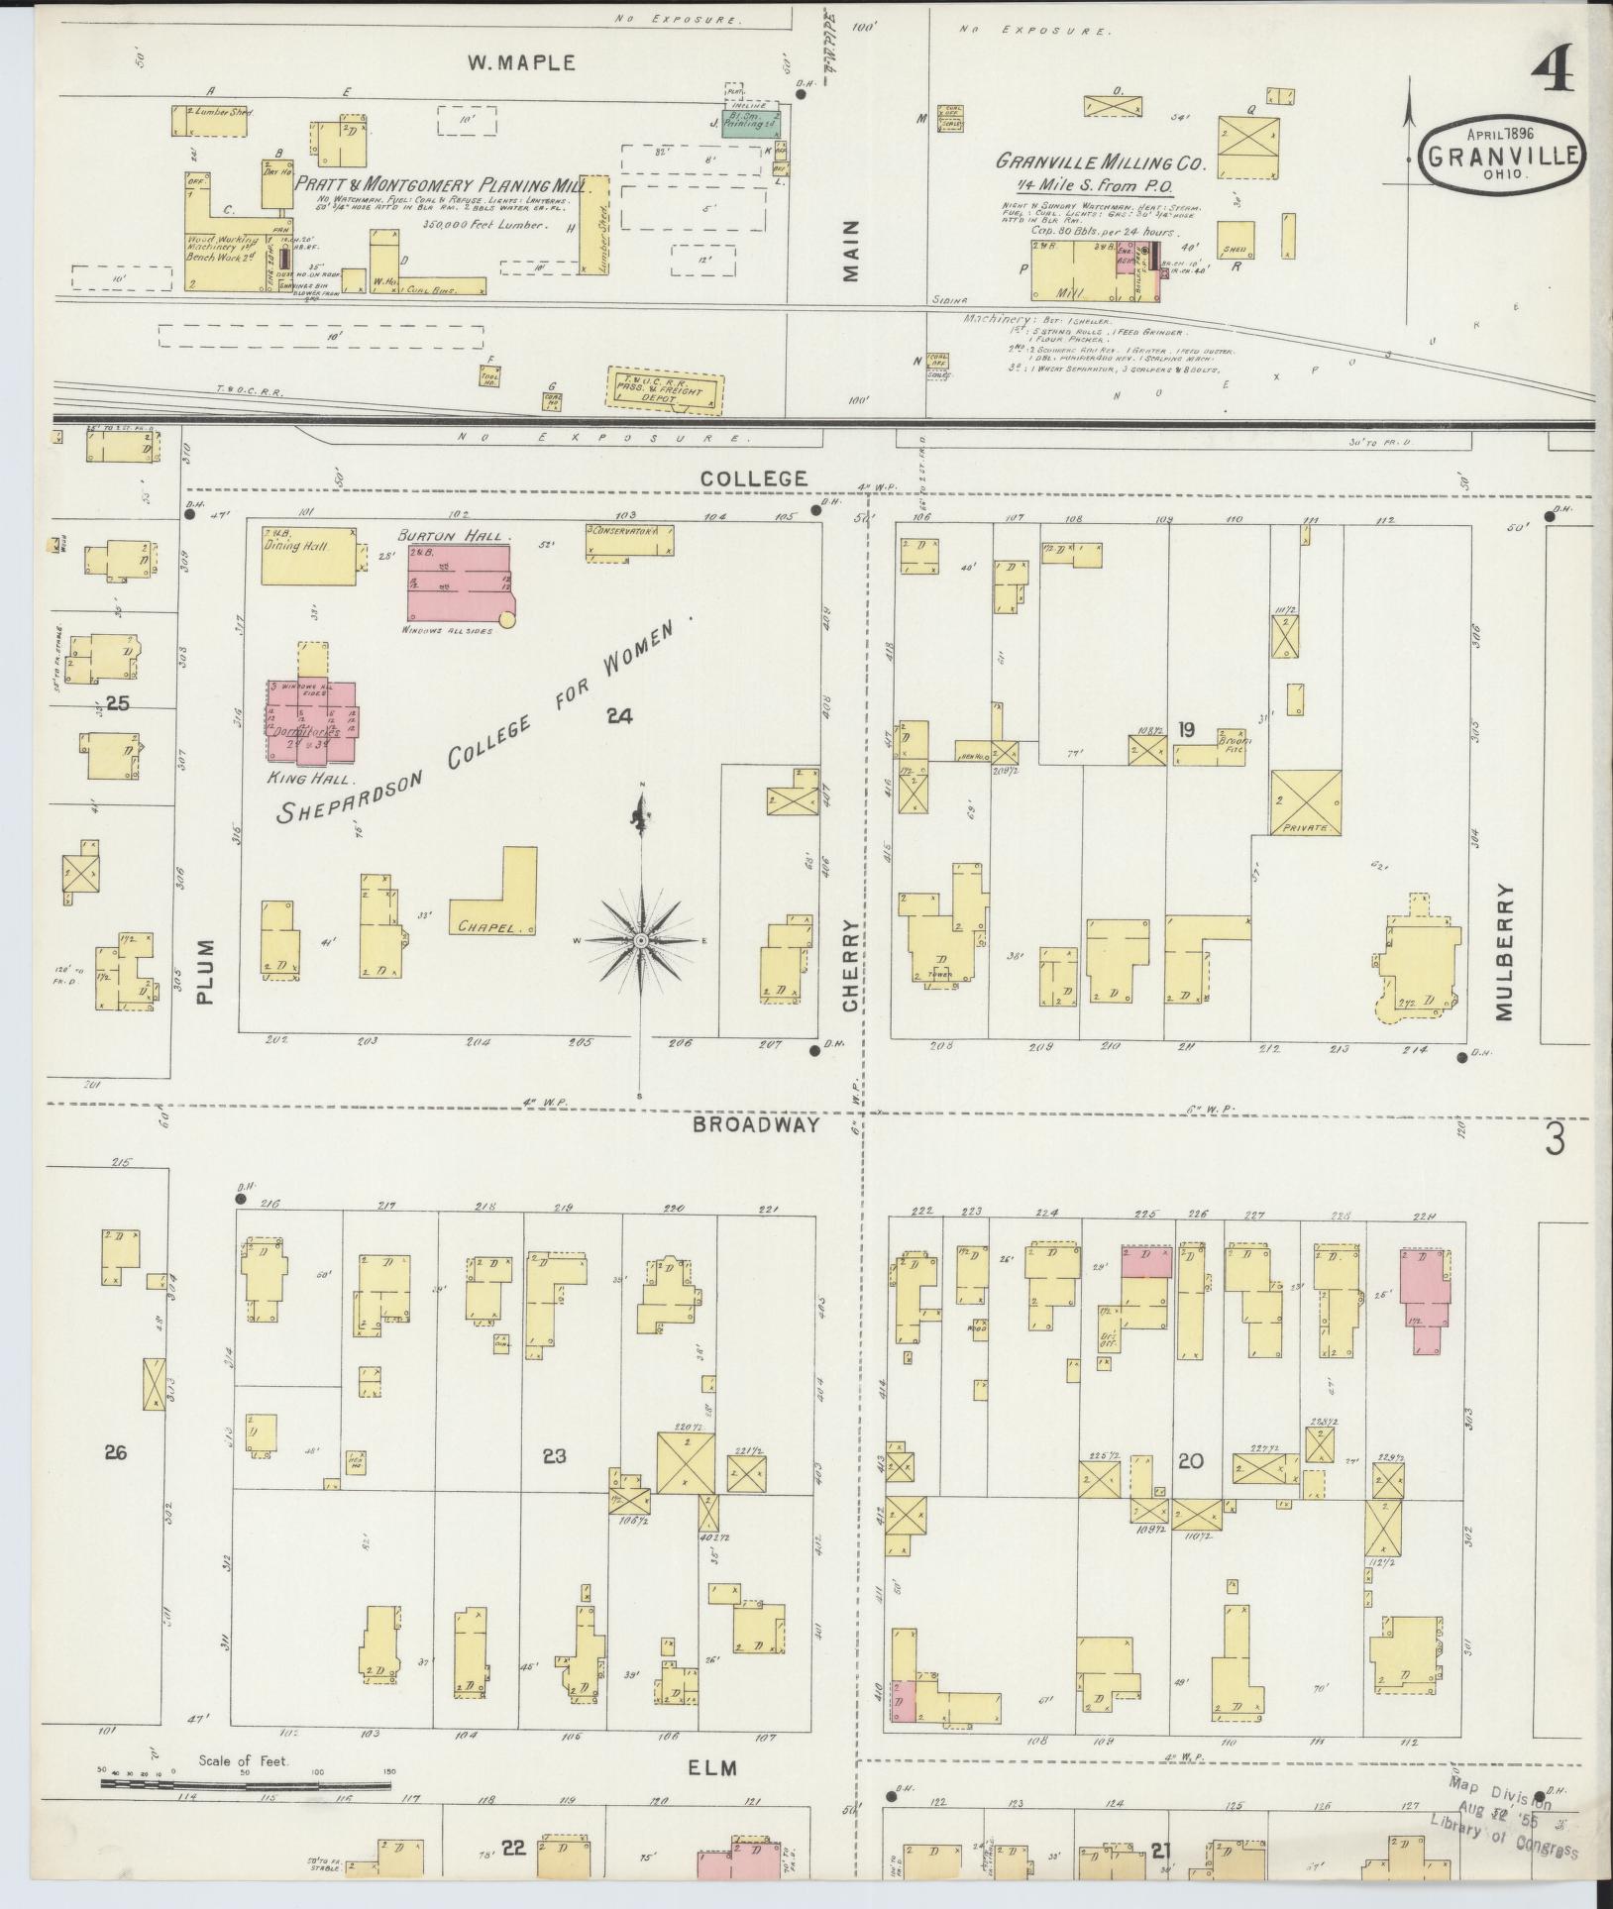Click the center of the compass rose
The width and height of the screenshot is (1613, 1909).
pos(641,939)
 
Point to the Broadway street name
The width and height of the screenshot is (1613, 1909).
pos(770,1124)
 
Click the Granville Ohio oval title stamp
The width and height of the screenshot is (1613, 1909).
pos(1501,154)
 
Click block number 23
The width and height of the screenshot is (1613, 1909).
pos(554,1456)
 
